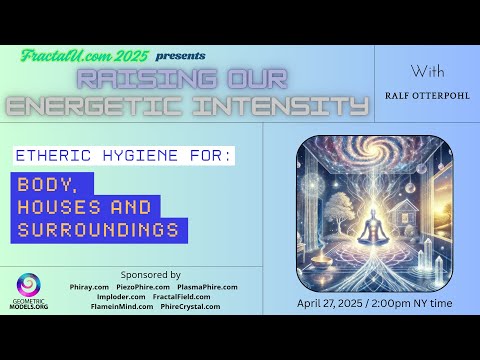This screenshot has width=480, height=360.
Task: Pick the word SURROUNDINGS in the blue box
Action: pos(98,231)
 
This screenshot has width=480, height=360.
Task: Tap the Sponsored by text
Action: pos(150,273)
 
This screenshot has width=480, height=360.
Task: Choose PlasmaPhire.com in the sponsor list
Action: pos(206,287)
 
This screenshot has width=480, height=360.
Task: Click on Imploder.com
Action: pos(118,297)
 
